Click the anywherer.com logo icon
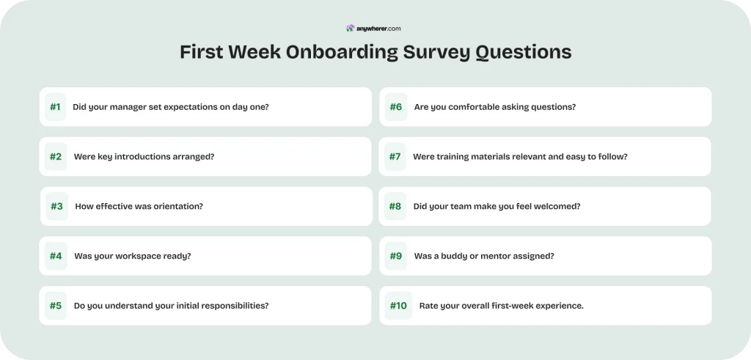[x=351, y=29]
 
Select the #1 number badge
[x=56, y=107]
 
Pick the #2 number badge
[x=56, y=156]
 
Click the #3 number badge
[x=56, y=206]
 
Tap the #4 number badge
[x=56, y=256]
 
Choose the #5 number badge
[x=56, y=306]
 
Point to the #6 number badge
[x=396, y=107]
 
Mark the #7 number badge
[x=395, y=156]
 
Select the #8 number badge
[x=395, y=206]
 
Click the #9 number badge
[x=396, y=256]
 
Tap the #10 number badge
[x=398, y=306]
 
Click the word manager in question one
[x=127, y=107]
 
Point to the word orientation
[x=178, y=206]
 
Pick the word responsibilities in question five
[x=230, y=306]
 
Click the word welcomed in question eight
[x=556, y=206]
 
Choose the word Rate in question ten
[x=429, y=306]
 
